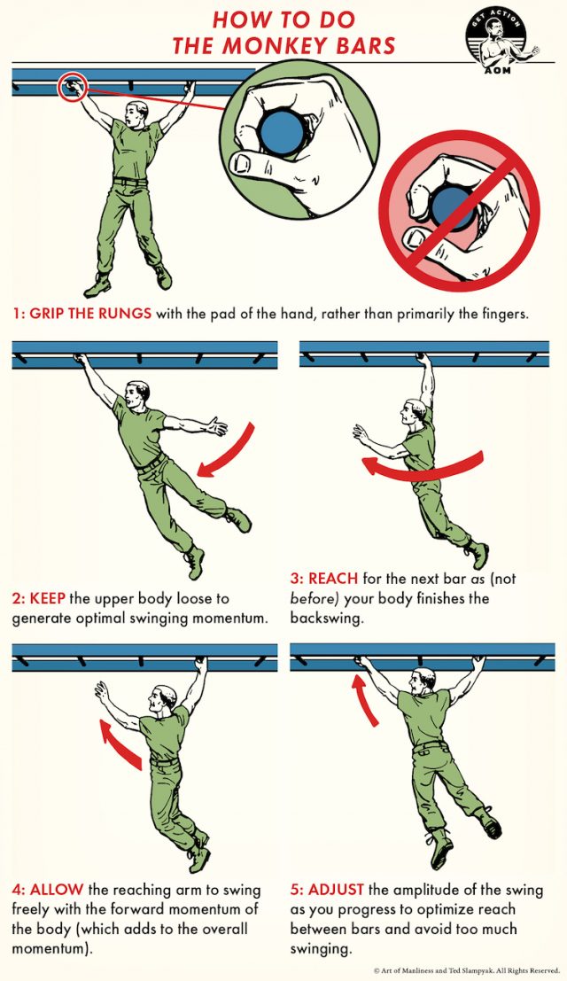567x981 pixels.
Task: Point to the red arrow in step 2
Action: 229,451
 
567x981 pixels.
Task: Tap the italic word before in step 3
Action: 312,597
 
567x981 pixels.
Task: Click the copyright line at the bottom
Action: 466,970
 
